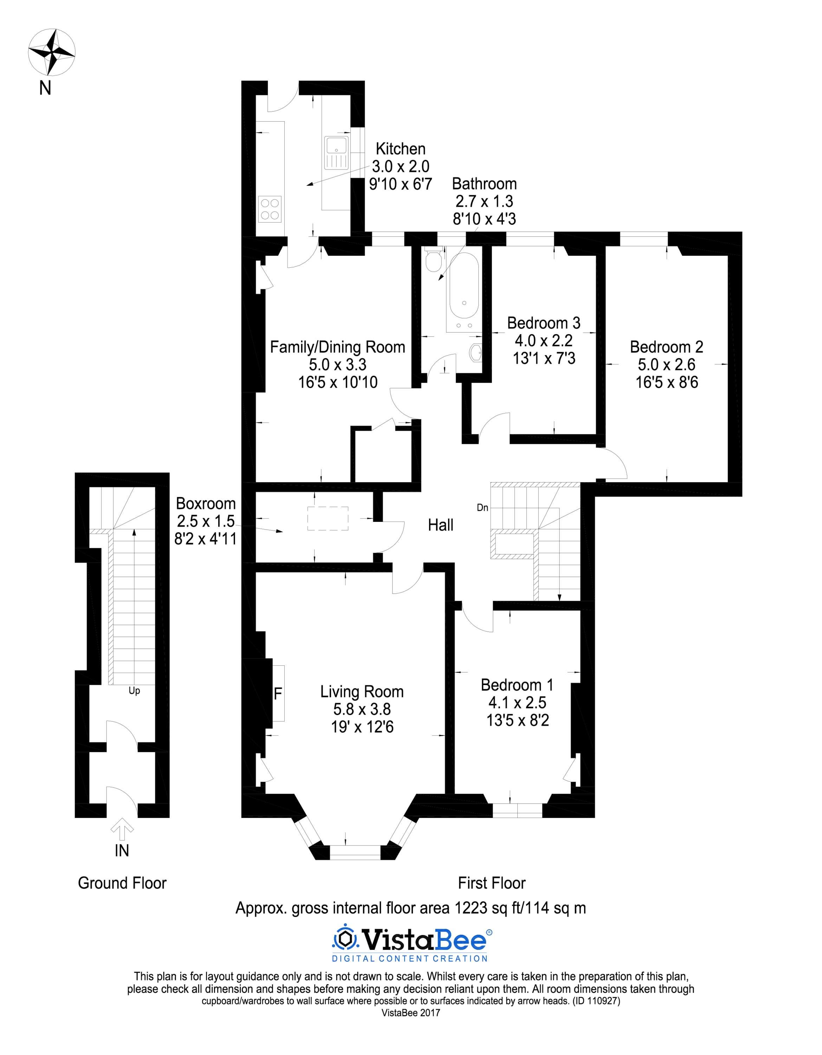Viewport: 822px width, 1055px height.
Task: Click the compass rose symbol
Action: click(x=52, y=52)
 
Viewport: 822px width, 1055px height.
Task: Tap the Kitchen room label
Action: click(x=400, y=149)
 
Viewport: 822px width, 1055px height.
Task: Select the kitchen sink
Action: click(x=336, y=153)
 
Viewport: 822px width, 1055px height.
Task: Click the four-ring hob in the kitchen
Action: click(x=270, y=209)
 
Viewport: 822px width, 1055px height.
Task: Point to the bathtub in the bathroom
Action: click(x=464, y=293)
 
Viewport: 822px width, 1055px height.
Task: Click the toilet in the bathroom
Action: click(x=433, y=261)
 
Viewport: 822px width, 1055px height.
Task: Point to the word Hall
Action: click(x=440, y=525)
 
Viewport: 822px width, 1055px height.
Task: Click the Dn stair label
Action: click(x=482, y=508)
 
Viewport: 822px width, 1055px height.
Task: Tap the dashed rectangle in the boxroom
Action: click(x=328, y=518)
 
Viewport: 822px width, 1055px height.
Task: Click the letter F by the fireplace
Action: click(x=278, y=694)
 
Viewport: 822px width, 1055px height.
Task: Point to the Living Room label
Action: click(x=362, y=691)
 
